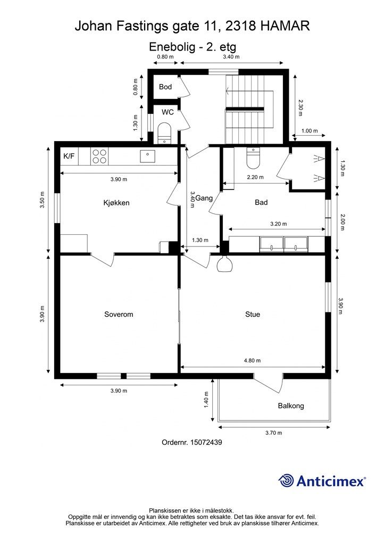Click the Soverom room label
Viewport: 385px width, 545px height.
[x=119, y=315]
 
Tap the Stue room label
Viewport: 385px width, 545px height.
[x=253, y=315]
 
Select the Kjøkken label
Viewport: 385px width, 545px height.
[x=116, y=203]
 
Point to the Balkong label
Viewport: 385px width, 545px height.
[x=291, y=406]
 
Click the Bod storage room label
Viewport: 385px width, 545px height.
[x=165, y=87]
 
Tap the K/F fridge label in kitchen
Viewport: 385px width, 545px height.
[x=69, y=156]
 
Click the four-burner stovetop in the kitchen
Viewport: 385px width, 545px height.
[x=99, y=156]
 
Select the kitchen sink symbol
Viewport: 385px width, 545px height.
[x=147, y=156]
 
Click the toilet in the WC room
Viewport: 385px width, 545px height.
[x=164, y=132]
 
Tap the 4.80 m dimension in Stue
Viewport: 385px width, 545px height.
[x=252, y=360]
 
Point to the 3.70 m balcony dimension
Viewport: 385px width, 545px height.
[x=273, y=433]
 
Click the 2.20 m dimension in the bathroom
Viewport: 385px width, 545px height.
[x=256, y=178]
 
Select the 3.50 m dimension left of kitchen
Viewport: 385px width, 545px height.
[x=42, y=200]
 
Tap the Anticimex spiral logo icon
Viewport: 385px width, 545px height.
[x=286, y=481]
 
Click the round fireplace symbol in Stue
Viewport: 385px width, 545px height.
[x=224, y=265]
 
